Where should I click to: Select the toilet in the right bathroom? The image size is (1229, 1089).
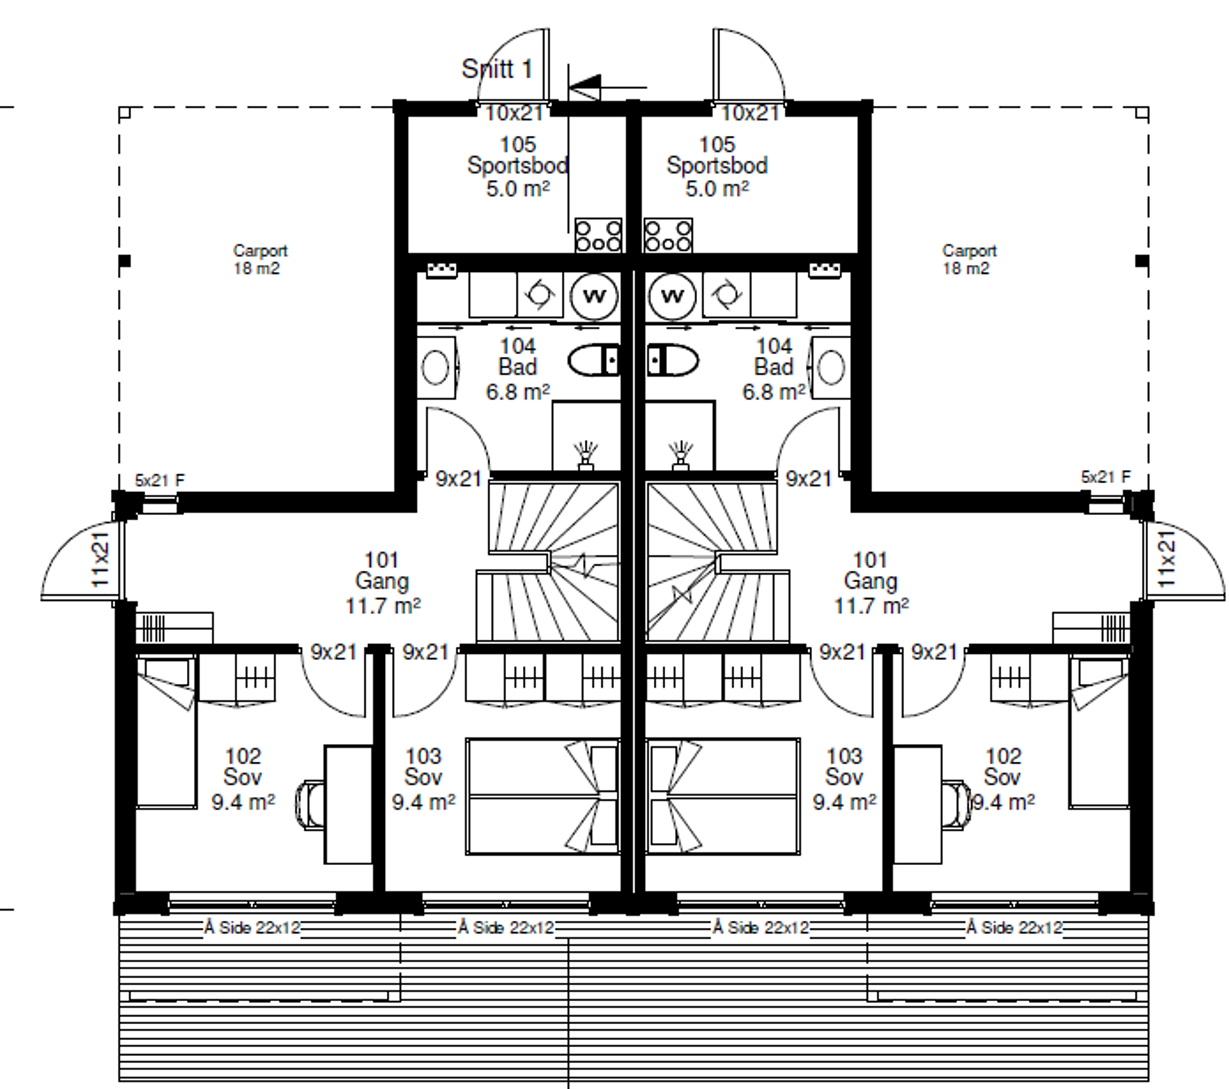pyautogui.click(x=672, y=361)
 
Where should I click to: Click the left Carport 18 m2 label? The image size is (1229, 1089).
pyautogui.click(x=260, y=259)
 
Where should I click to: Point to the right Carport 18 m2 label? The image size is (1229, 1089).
pyautogui.click(x=969, y=259)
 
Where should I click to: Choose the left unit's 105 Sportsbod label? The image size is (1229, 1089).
pyautogui.click(x=518, y=155)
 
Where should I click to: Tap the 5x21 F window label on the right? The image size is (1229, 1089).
pyautogui.click(x=1106, y=477)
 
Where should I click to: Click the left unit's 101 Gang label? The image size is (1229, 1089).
pyautogui.click(x=382, y=571)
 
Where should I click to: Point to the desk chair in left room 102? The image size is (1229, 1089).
pyautogui.click(x=310, y=805)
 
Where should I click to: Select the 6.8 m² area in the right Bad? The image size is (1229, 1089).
pyautogui.click(x=774, y=392)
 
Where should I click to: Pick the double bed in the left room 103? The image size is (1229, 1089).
pyautogui.click(x=542, y=796)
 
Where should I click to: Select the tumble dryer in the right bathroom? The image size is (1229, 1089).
pyautogui.click(x=726, y=295)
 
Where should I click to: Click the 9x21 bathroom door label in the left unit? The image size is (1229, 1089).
pyautogui.click(x=458, y=479)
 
